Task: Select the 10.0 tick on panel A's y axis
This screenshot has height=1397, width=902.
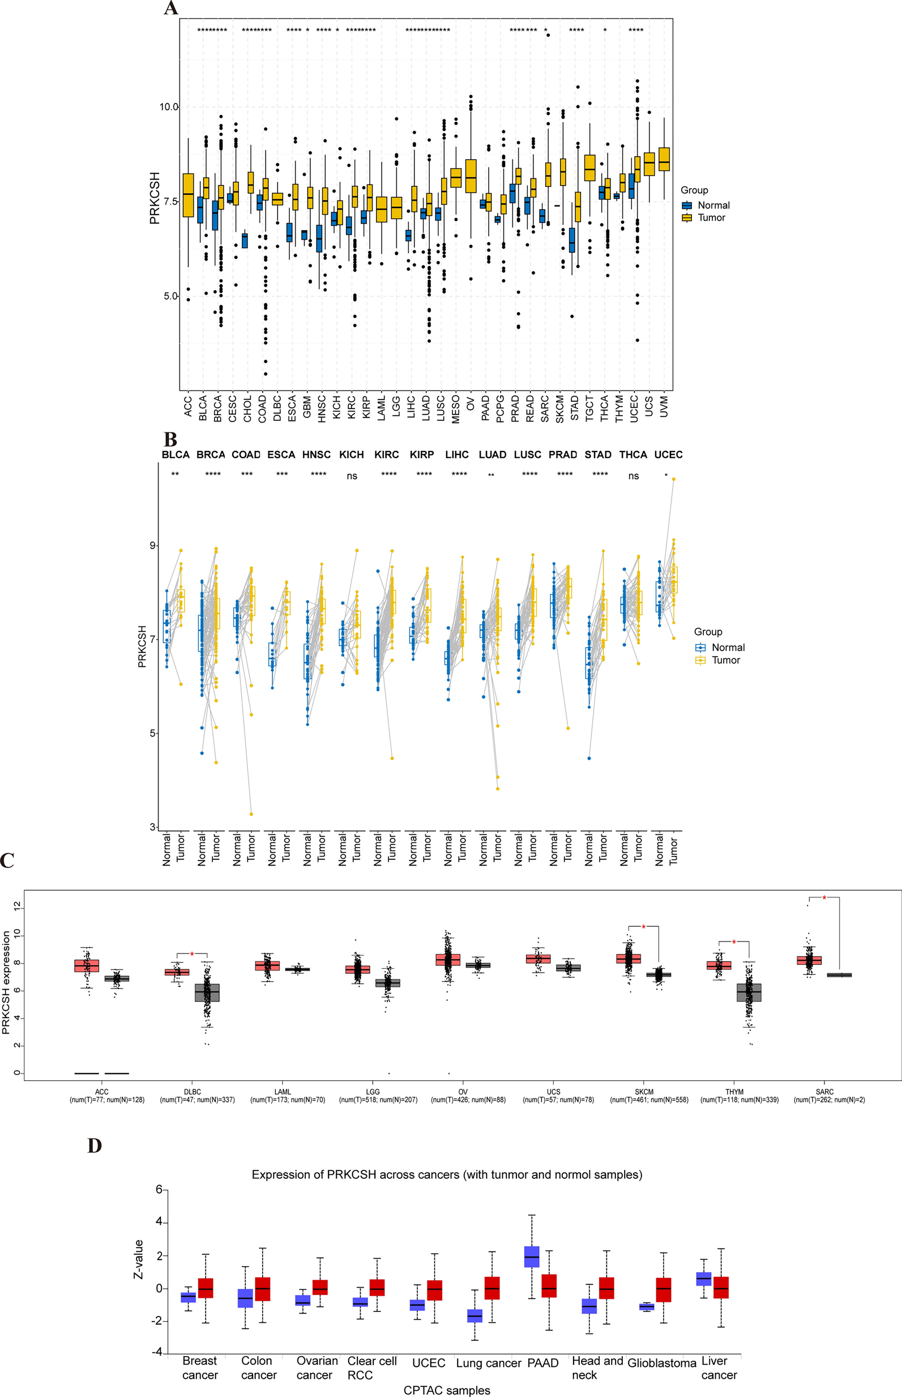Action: (x=168, y=107)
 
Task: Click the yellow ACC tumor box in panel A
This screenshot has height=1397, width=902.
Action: (x=188, y=195)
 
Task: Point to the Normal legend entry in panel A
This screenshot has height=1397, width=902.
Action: (x=713, y=205)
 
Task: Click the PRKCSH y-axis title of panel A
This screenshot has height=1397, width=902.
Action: (x=155, y=198)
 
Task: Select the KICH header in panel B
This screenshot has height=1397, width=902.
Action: (x=352, y=455)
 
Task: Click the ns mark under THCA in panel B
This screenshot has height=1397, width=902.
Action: (x=633, y=476)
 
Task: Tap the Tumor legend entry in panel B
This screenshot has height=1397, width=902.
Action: (x=725, y=660)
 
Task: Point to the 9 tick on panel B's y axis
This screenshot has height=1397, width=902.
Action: (x=153, y=546)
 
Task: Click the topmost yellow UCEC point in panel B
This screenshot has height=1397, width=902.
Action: (x=674, y=479)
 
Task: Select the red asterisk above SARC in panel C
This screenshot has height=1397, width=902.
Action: (x=824, y=898)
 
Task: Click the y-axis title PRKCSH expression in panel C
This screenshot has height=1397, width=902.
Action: (x=6, y=983)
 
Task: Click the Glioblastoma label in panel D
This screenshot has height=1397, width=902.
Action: (x=662, y=1363)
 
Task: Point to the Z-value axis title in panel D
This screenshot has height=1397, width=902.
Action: (x=139, y=1259)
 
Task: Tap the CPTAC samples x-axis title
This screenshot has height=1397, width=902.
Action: (x=447, y=1390)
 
